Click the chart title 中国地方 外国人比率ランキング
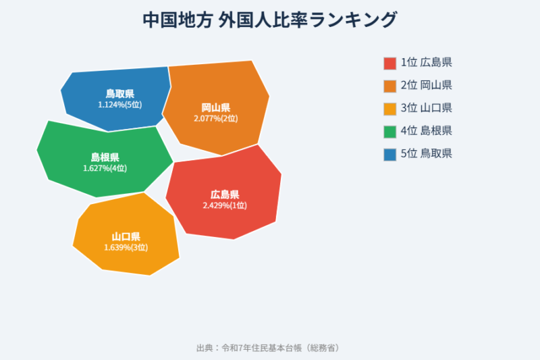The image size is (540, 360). (x=270, y=20)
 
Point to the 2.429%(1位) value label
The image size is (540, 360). (x=225, y=205)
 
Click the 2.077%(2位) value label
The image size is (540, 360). (x=216, y=118)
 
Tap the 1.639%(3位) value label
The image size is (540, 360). (x=126, y=247)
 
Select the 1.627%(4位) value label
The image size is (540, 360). (x=105, y=168)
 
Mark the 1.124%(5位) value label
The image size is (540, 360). (x=119, y=105)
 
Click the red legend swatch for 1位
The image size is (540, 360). (x=389, y=63)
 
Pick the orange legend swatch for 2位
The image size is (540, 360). (x=389, y=86)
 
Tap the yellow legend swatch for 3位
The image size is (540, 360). (x=389, y=108)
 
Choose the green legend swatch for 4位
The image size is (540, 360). (x=389, y=131)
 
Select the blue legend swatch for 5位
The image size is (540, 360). (x=389, y=154)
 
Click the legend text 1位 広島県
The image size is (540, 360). (x=426, y=63)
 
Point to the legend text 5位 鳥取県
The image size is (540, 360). (x=426, y=154)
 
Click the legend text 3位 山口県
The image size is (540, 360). (x=426, y=108)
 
